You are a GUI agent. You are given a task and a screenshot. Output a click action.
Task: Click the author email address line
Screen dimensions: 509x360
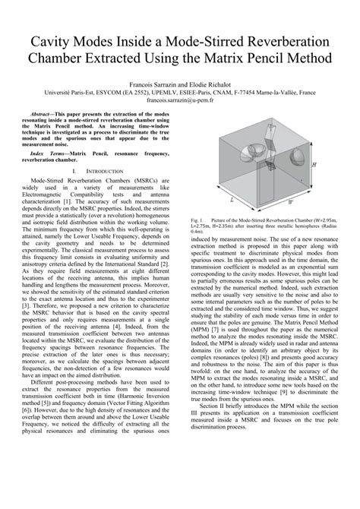coord(179,98)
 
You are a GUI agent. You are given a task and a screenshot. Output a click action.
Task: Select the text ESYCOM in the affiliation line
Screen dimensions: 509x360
coord(112,89)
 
